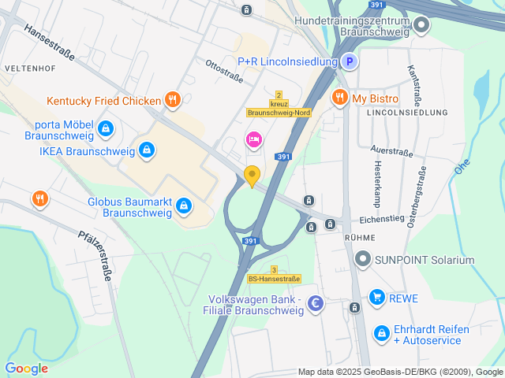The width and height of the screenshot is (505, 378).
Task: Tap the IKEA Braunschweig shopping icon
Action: pyautogui.click(x=146, y=150)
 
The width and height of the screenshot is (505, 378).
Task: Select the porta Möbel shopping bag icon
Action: pyautogui.click(x=106, y=128)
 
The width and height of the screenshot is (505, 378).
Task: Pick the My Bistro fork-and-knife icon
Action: pyautogui.click(x=339, y=98)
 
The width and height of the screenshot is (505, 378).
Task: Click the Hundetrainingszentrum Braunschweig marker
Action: pyautogui.click(x=421, y=25)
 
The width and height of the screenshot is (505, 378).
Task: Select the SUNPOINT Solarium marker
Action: pyautogui.click(x=363, y=259)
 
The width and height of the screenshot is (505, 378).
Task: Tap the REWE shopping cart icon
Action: pyautogui.click(x=376, y=298)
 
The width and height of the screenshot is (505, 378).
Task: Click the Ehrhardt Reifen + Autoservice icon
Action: pyautogui.click(x=381, y=334)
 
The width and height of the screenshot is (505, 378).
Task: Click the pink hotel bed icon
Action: pyautogui.click(x=253, y=140)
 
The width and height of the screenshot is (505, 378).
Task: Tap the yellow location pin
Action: pyautogui.click(x=252, y=176)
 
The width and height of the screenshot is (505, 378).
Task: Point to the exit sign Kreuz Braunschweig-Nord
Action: pyautogui.click(x=279, y=108)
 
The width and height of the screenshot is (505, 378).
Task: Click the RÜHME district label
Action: pyautogui.click(x=360, y=236)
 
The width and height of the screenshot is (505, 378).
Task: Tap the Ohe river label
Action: pyautogui.click(x=462, y=168)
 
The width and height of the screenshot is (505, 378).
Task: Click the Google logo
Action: pyautogui.click(x=26, y=368)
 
